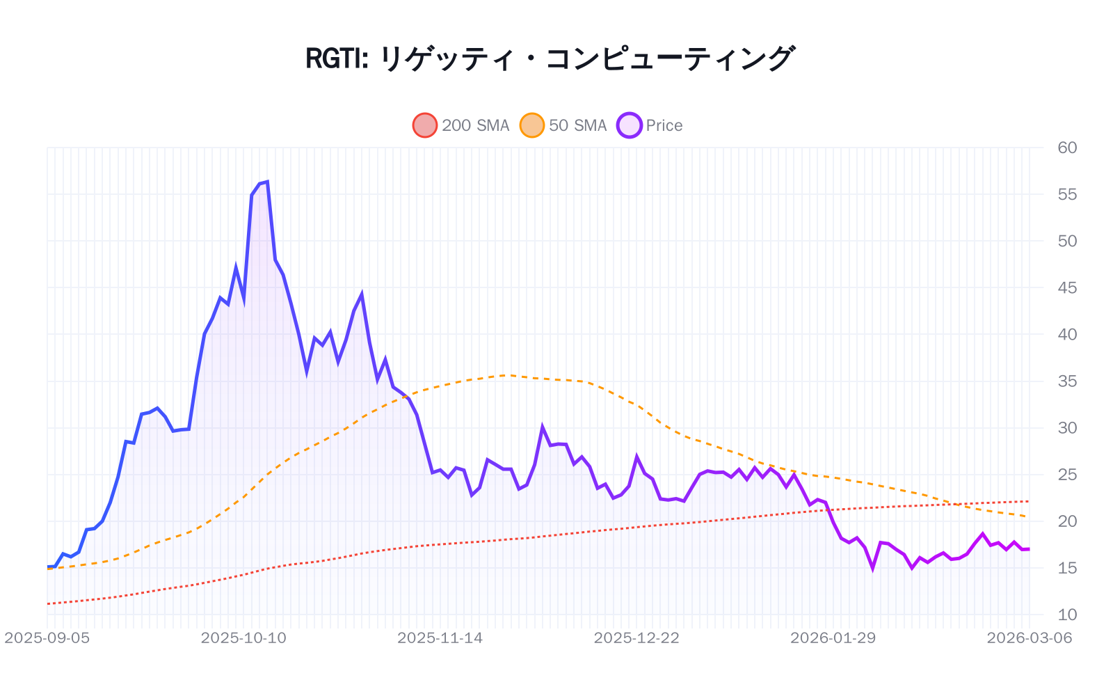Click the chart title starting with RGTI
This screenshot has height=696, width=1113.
click(550, 58)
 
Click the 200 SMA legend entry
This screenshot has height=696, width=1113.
click(462, 125)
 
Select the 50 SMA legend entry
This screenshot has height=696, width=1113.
click(564, 125)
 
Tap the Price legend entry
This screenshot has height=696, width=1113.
click(650, 125)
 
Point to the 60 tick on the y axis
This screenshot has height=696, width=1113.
click(1066, 148)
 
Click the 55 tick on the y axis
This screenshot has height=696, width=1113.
click(1066, 194)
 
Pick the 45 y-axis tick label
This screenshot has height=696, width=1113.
click(1066, 287)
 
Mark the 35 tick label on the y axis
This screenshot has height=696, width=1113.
click(1066, 381)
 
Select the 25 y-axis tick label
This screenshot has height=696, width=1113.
click(1066, 475)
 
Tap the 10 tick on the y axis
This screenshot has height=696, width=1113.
click(1066, 615)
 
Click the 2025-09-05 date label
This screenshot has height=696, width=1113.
click(47, 638)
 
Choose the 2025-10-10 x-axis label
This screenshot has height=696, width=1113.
click(243, 638)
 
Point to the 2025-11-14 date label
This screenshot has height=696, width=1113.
click(440, 638)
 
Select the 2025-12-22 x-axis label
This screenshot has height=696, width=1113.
click(636, 638)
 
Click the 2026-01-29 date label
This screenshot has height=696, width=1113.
click(833, 638)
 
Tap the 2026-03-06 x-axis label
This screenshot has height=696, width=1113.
click(1029, 638)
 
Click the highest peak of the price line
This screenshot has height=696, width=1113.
click(268, 182)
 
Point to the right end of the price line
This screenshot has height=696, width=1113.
click(1029, 549)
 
